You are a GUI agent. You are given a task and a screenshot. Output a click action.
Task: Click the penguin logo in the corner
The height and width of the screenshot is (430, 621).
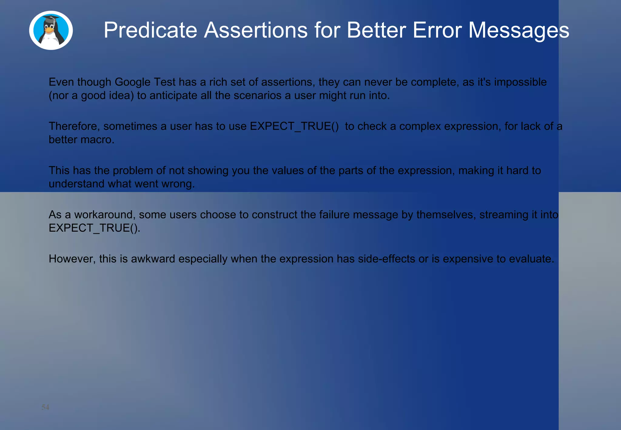[51, 30]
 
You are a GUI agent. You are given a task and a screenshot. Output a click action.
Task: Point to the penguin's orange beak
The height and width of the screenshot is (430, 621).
[49, 30]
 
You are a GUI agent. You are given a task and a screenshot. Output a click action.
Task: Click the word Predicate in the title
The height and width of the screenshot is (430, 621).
[150, 30]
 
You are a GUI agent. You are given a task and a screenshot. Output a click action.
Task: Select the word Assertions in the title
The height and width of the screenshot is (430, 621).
[256, 30]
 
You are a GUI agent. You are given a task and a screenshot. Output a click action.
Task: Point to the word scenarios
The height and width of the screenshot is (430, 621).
[257, 96]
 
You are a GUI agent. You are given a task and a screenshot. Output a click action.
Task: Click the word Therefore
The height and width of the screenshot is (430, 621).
[74, 126]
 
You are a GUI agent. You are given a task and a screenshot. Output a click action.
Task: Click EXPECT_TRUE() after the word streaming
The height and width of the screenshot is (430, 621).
[94, 228]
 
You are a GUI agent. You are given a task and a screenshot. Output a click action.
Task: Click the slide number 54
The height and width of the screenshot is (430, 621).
[45, 407]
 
